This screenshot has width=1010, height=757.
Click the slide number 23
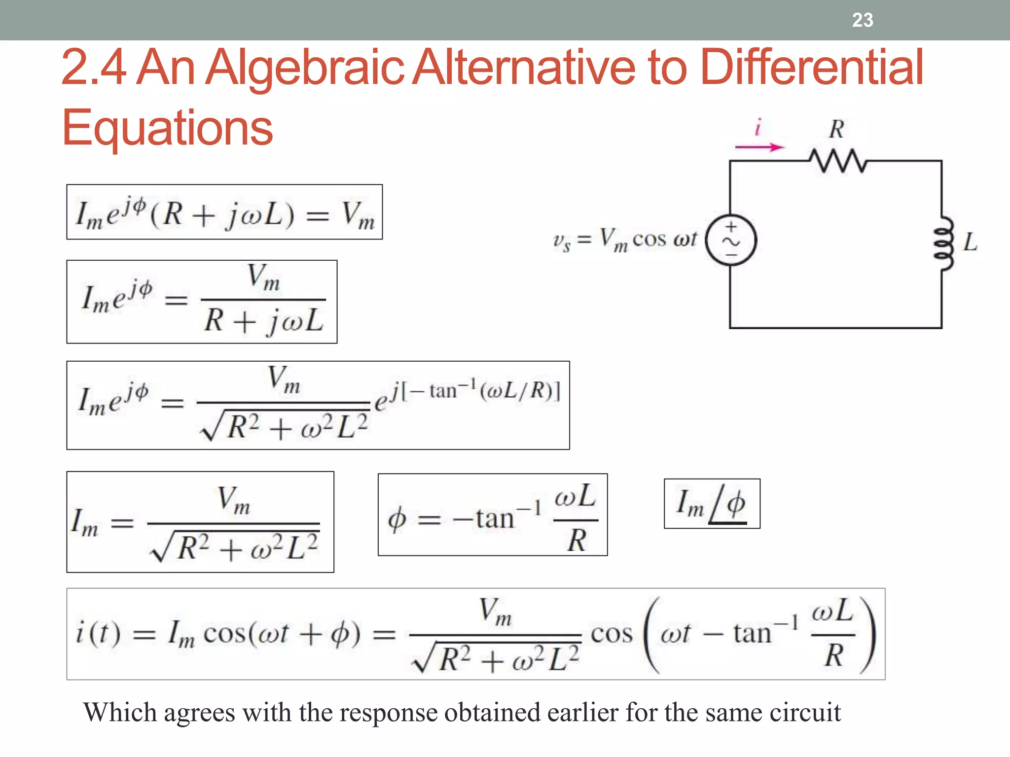pos(863,20)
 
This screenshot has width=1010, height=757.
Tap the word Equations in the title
pos(168,128)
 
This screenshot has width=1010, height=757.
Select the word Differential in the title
pos(811,67)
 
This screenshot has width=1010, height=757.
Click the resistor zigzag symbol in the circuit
pos(837,161)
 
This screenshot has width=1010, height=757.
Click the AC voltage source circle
pos(730,241)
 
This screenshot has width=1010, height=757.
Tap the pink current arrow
pos(759,147)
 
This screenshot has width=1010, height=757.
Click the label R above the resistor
pos(836,130)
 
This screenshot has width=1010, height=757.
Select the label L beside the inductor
pos(970,242)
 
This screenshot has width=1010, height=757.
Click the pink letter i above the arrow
pos(758,127)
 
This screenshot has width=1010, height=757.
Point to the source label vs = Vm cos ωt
pos(625,240)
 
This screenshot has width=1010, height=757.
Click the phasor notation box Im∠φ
pos(712,504)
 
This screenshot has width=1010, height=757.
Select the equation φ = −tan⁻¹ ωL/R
pos(492,515)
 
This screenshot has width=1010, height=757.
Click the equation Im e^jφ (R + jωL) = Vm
pos(224,212)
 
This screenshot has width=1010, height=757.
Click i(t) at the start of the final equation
pos(98,633)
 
